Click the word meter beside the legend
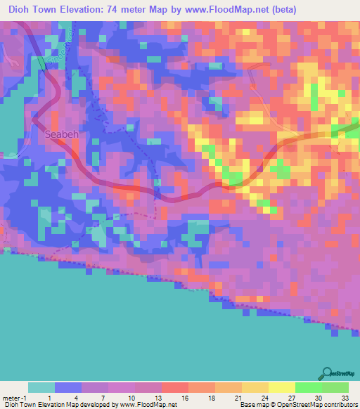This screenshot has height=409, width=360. (11, 398)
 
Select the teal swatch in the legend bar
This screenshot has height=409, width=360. (41, 387)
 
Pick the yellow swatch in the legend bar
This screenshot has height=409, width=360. (281, 387)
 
